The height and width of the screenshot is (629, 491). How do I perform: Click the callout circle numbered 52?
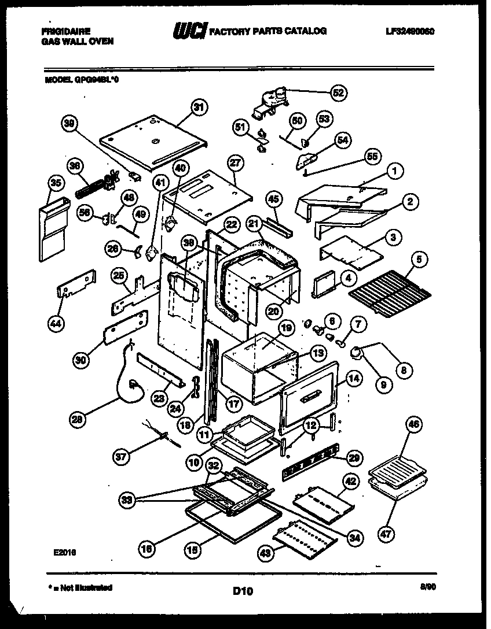point(338,92)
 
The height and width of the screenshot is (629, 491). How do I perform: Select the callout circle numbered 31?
point(199,108)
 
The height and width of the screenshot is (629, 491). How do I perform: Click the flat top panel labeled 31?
point(153,142)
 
